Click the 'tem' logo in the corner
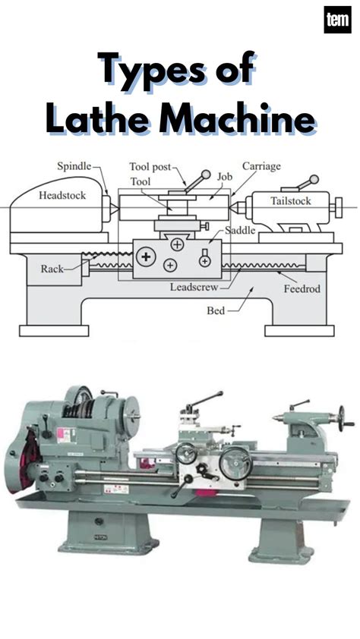[336, 20]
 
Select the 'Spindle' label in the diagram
[74, 165]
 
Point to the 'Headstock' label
[62, 195]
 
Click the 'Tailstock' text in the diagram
[292, 201]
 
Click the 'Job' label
[224, 176]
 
